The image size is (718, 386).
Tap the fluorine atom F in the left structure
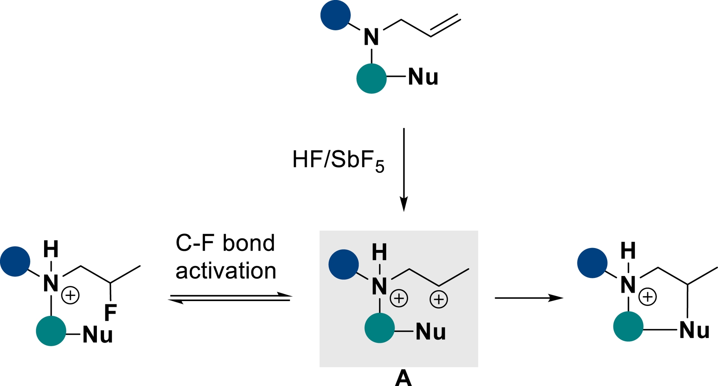(110, 313)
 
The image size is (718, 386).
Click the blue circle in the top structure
(335, 15)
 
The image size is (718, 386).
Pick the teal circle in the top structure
(371, 78)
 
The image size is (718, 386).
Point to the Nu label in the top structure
(423, 77)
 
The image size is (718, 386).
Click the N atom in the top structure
(371, 37)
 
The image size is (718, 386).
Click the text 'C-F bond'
(225, 243)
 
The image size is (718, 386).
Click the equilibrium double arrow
(230, 298)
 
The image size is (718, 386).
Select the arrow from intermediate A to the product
(529, 298)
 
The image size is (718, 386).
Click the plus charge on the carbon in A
(439, 299)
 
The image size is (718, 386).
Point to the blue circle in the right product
(592, 263)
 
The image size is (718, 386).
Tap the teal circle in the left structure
(51, 331)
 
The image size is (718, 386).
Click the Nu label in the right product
(694, 330)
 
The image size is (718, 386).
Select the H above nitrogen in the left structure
(51, 249)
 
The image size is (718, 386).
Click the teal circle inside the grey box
(380, 328)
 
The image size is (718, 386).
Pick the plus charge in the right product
(648, 297)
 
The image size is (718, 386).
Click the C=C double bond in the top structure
(445, 25)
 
